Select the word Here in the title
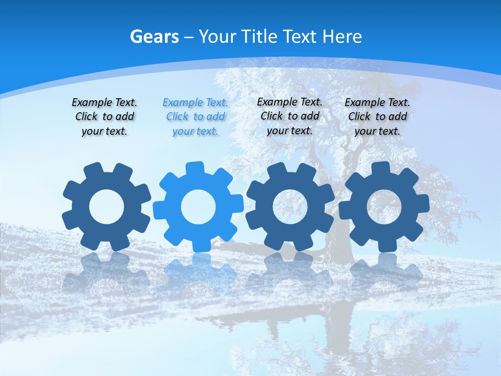click(x=342, y=37)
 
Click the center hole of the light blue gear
click(x=198, y=207)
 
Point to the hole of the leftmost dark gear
click(x=106, y=207)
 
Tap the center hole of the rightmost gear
click(x=384, y=206)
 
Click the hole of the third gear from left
click(x=290, y=206)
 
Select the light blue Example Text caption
click(x=195, y=117)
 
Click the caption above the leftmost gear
click(x=104, y=117)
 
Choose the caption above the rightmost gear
click(x=377, y=117)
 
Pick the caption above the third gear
click(x=290, y=116)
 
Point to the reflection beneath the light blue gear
click(x=198, y=272)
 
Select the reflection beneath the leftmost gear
click(x=106, y=272)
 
